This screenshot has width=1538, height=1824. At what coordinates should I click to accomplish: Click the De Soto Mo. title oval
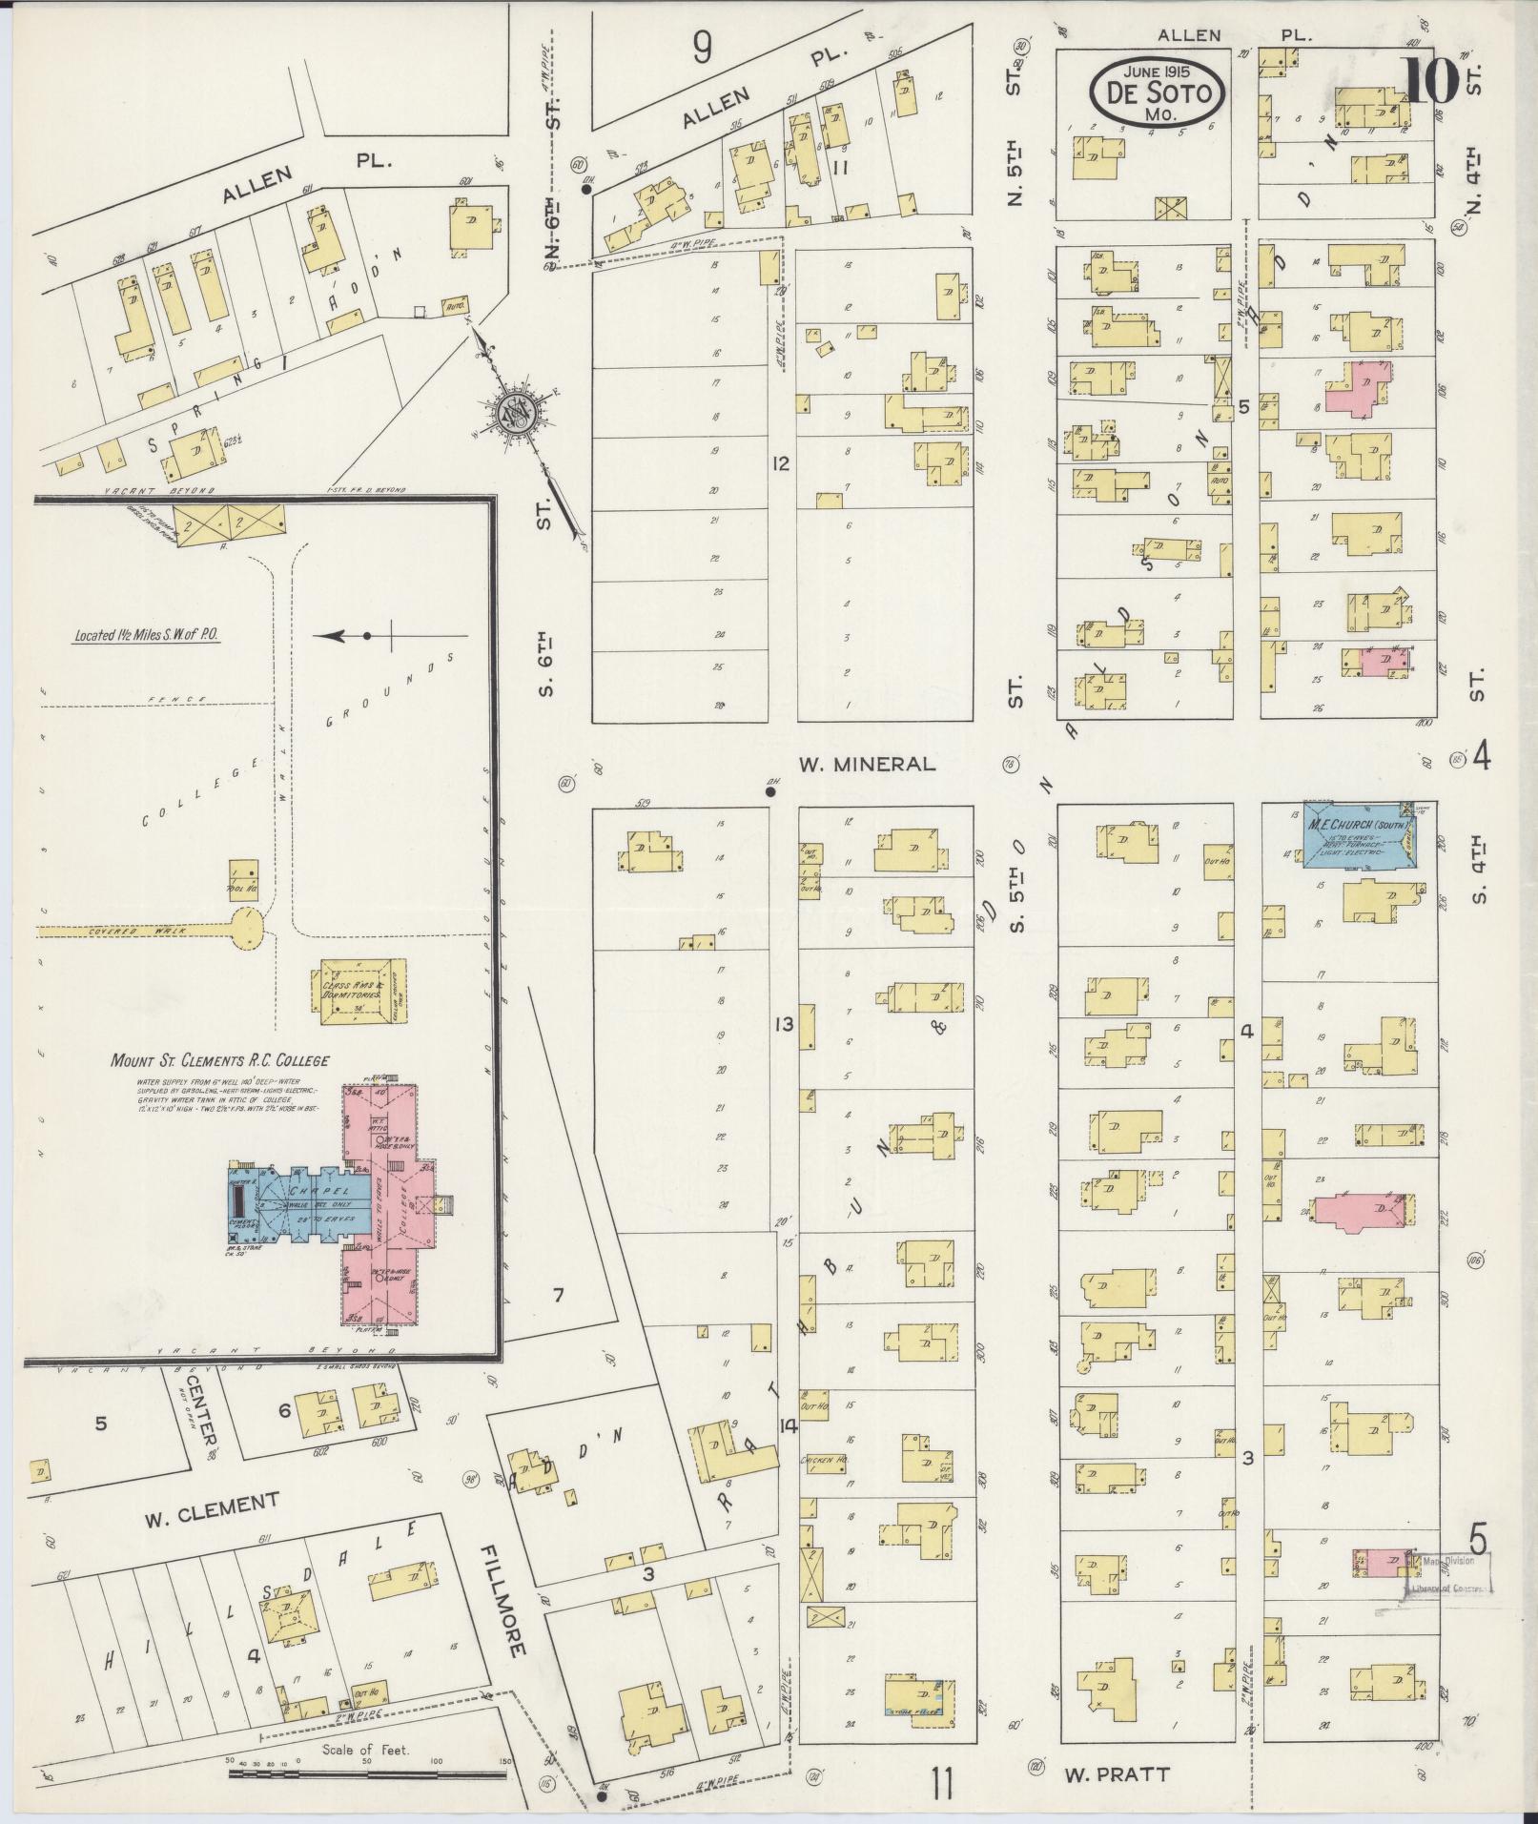(x=1156, y=92)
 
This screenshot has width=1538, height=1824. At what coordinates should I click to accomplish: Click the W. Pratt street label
(x=1117, y=1774)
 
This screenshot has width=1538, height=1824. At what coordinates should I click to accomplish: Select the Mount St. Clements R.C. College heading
(x=220, y=1060)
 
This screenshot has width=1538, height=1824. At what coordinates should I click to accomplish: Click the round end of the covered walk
(x=248, y=925)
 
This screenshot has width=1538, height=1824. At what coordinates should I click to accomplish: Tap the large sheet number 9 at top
(x=702, y=47)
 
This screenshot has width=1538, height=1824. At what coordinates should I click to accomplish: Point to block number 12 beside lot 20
(x=782, y=464)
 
